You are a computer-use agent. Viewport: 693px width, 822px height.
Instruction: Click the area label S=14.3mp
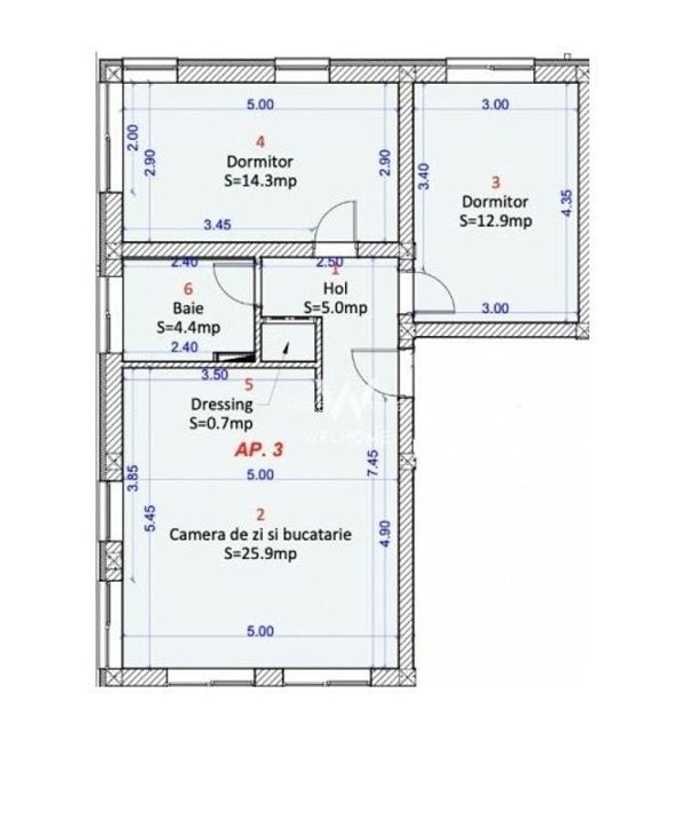tap(260, 181)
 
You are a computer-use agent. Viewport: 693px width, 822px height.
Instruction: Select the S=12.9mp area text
tap(496, 220)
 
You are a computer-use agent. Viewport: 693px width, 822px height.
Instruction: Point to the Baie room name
tap(182, 309)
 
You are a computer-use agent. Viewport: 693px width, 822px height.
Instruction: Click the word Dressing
tap(222, 405)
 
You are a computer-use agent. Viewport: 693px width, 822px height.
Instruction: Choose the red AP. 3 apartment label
tap(259, 450)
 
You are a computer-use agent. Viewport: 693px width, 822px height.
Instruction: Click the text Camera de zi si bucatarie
tap(260, 535)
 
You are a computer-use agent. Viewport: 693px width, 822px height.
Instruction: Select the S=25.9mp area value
tap(260, 554)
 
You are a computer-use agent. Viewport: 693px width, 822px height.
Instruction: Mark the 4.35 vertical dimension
tap(567, 202)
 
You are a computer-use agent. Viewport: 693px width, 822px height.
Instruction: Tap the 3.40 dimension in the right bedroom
tap(424, 175)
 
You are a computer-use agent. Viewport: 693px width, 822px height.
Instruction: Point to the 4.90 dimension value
tap(384, 532)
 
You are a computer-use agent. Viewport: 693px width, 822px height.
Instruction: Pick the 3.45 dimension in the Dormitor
tap(216, 225)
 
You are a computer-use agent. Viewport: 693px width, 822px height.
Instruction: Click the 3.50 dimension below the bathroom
tap(215, 374)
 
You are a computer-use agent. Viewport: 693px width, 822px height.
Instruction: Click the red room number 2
tap(260, 518)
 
